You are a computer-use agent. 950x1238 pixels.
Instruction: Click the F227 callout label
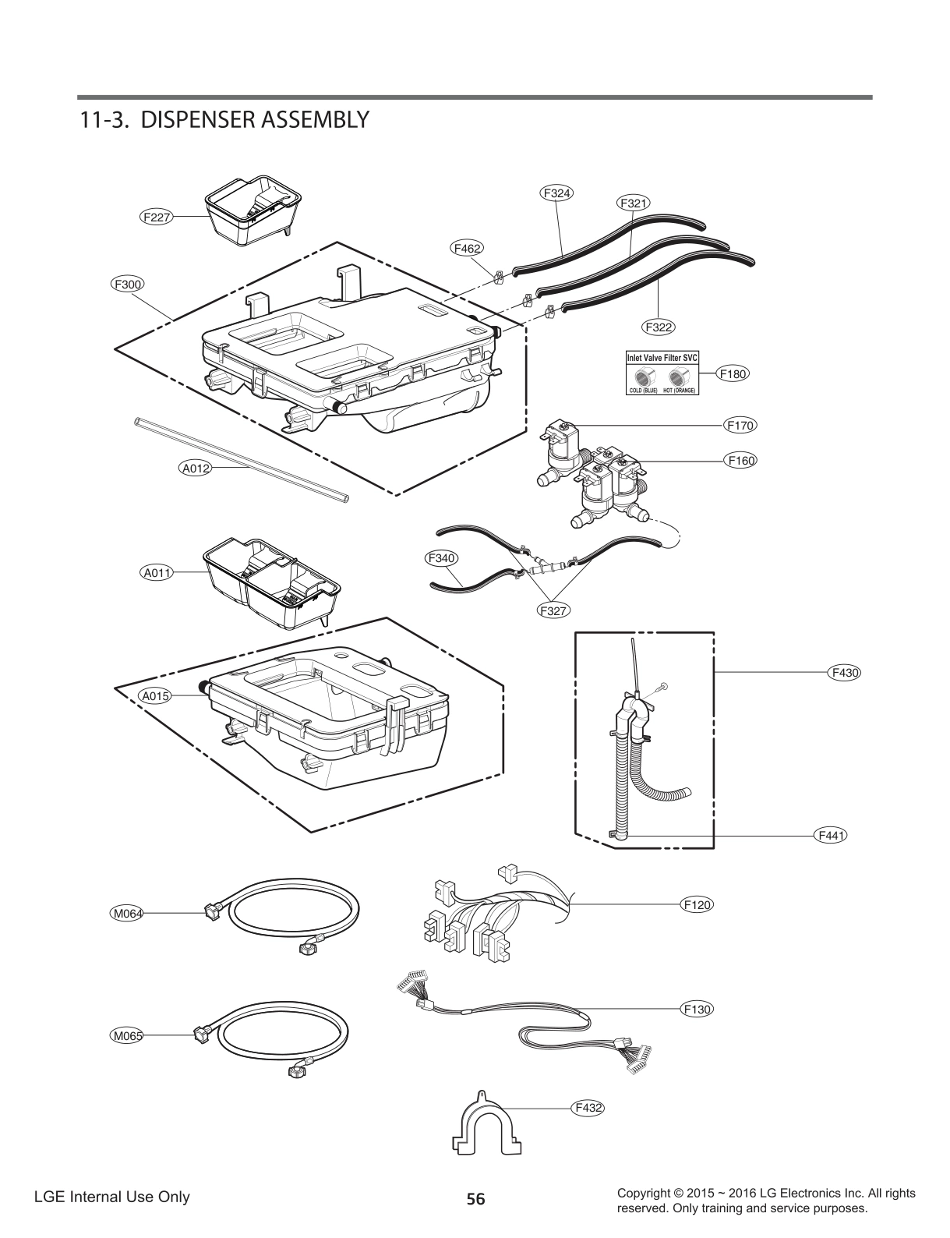(156, 217)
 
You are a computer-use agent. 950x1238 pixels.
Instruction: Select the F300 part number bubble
(126, 285)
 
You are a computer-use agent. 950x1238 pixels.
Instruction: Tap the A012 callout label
(196, 469)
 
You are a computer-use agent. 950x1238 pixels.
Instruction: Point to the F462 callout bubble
(467, 248)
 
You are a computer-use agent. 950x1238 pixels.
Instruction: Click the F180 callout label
(733, 373)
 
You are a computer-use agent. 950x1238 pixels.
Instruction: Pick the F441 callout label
(831, 835)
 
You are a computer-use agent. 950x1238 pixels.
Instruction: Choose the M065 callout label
(126, 1035)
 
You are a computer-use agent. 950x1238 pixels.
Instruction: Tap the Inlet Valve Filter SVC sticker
(662, 373)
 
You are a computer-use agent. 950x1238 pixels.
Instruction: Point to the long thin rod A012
(242, 460)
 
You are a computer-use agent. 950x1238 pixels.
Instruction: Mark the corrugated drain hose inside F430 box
(639, 772)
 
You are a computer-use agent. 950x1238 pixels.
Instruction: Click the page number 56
(475, 1199)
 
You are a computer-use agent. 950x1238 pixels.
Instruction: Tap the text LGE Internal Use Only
(111, 1197)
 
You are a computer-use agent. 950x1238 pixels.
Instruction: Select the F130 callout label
(697, 1009)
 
